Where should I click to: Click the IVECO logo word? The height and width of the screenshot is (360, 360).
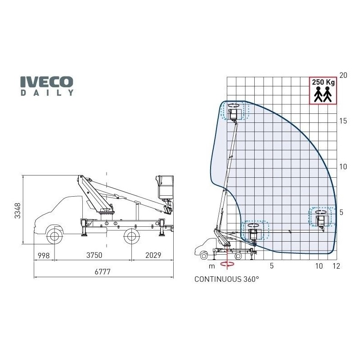(47, 82)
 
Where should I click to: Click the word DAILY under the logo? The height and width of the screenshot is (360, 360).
(47, 93)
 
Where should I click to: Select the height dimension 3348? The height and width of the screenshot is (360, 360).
(18, 211)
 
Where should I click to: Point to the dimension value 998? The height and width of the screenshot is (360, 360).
(44, 255)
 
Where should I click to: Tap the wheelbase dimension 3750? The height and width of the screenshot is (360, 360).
(94, 255)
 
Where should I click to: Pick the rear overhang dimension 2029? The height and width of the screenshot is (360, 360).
(153, 255)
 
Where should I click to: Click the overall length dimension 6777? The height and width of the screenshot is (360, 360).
(103, 272)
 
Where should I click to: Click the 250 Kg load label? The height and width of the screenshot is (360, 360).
(323, 82)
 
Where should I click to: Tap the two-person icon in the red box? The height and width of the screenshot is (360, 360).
(323, 94)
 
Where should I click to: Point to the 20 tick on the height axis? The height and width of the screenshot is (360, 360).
(343, 75)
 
